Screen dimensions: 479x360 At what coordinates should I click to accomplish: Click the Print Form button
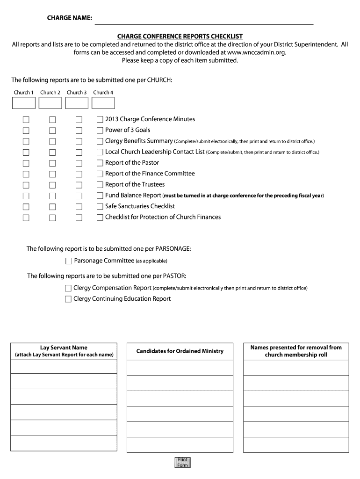pos(182,462)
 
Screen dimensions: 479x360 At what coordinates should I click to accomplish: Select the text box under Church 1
pos(23,103)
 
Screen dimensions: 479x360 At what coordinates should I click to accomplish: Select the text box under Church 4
pos(103,103)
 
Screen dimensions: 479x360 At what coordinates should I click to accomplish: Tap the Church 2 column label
pos(50,93)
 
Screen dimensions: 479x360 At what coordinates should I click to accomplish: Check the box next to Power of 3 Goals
pos(100,131)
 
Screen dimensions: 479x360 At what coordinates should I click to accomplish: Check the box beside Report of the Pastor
pos(100,163)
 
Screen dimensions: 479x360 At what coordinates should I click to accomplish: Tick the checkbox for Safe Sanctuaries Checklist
pos(100,206)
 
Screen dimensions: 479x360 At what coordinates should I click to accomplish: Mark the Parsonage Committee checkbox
pos(69,261)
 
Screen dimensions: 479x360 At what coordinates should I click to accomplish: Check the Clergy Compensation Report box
pos(68,288)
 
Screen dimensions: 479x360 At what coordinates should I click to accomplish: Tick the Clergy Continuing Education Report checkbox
pos(68,299)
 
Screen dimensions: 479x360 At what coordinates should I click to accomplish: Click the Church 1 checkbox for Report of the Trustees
pos(26,185)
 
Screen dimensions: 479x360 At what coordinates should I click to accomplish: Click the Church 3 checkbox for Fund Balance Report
pos(79,196)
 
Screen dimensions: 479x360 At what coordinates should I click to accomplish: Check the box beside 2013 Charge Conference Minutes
pos(100,120)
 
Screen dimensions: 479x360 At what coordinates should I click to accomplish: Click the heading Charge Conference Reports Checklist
pos(180,36)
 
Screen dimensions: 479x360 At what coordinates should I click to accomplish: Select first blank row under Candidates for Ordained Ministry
pos(180,368)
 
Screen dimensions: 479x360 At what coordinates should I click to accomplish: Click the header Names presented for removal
pos(296,351)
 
